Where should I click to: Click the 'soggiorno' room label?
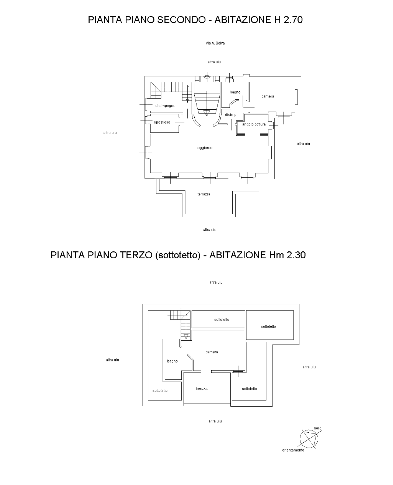coord(204,148)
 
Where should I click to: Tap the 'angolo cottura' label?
coord(254,124)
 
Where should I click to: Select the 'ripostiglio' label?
coord(162,122)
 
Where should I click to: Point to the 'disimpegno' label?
coord(166,106)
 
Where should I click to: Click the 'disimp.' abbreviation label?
coord(231,115)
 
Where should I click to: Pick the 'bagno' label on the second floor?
coord(235,92)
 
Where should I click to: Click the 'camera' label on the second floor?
coord(268,96)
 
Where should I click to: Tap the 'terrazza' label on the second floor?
coord(204,194)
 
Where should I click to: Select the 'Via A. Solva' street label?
coord(215,43)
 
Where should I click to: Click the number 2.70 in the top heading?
coord(293,20)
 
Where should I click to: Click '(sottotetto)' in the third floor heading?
coord(178,255)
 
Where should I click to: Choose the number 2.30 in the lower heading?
coord(296,255)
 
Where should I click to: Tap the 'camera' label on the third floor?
coord(212,352)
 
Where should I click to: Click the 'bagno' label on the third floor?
coord(172,361)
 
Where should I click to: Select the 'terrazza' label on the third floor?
coord(202,389)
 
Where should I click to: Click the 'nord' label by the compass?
coord(317,428)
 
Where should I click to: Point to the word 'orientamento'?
coord(293,450)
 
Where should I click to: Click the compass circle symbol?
coord(309,439)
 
